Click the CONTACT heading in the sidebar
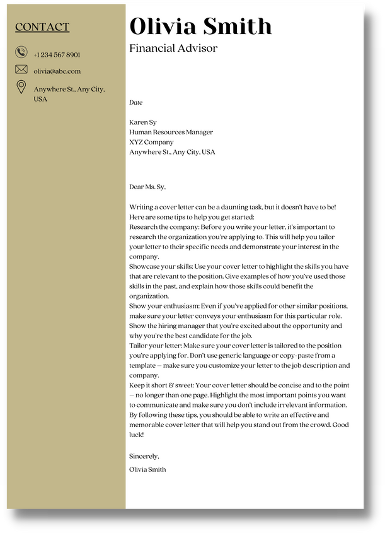(x=42, y=27)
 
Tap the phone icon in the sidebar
(x=21, y=53)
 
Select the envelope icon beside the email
(x=21, y=69)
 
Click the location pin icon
(x=21, y=87)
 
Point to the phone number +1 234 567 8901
(x=57, y=55)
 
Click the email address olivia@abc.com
(x=57, y=71)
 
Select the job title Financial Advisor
(x=173, y=49)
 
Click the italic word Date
(x=136, y=102)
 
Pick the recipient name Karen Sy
(x=143, y=122)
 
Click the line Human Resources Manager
(x=171, y=132)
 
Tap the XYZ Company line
(x=151, y=143)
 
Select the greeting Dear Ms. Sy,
(x=147, y=187)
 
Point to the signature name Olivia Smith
(x=147, y=469)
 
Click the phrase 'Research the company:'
(x=164, y=226)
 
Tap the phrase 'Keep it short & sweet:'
(x=162, y=385)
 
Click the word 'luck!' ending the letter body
(x=137, y=435)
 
